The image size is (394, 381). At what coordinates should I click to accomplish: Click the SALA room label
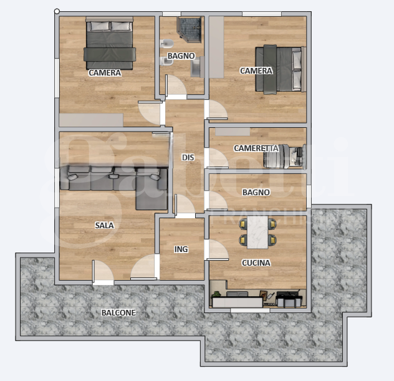click(x=104, y=225)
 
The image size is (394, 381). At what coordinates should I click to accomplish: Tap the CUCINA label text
click(x=256, y=263)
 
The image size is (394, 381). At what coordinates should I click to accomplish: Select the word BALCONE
click(x=118, y=312)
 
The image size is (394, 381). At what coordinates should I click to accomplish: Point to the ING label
click(x=181, y=249)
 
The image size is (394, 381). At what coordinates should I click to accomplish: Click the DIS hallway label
click(x=188, y=158)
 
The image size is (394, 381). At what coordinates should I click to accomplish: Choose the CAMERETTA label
click(x=256, y=148)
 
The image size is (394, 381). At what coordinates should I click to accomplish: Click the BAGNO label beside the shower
click(x=181, y=56)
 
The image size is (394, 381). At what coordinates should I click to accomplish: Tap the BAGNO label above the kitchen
click(x=256, y=193)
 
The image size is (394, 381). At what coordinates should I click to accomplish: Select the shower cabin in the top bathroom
click(x=190, y=29)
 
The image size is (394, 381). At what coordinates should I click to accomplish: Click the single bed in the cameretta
click(x=284, y=156)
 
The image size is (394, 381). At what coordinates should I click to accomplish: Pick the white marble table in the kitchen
click(x=257, y=230)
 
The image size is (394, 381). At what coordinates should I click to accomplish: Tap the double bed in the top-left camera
click(x=110, y=44)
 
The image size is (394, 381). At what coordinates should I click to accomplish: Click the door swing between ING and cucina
click(x=217, y=249)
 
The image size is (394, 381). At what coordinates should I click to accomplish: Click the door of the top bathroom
click(x=176, y=87)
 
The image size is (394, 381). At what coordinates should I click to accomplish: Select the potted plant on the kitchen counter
click(x=216, y=292)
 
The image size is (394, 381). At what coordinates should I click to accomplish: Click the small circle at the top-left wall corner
click(x=57, y=11)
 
